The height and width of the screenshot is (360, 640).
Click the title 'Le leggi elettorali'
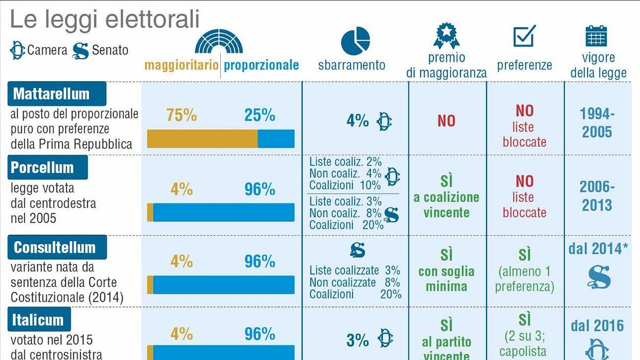105,20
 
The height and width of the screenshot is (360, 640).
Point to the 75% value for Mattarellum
181,115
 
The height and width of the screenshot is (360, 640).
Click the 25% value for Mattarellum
260,115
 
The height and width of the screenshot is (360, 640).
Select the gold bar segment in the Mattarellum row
202,139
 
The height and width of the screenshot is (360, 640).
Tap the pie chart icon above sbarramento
355,40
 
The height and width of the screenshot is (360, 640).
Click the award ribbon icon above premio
446,36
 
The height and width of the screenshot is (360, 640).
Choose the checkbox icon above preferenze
524,36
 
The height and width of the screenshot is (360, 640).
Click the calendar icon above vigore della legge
596,36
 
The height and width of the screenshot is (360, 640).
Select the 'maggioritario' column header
181,65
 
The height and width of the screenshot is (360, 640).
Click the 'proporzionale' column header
261,65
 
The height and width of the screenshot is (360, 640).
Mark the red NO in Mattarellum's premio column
446,121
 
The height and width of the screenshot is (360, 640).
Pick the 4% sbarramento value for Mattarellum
357,121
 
